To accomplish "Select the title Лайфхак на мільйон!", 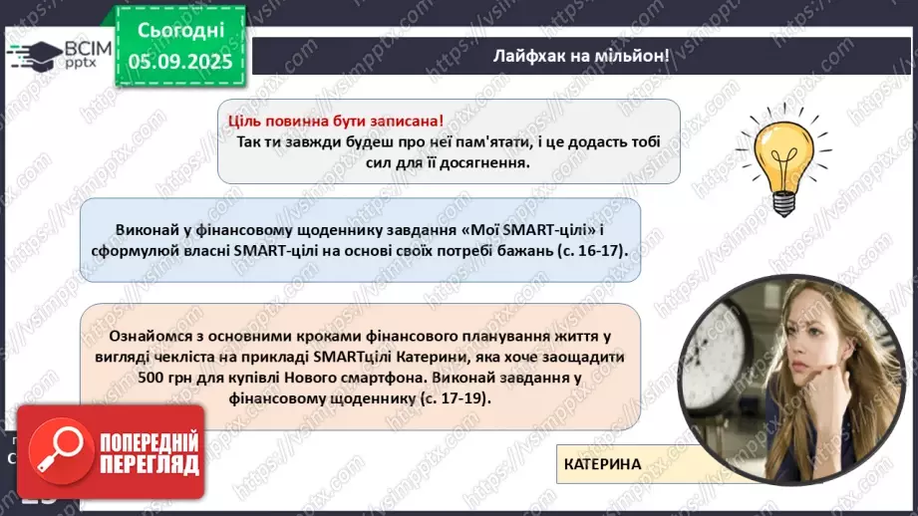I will pos(581,56).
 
